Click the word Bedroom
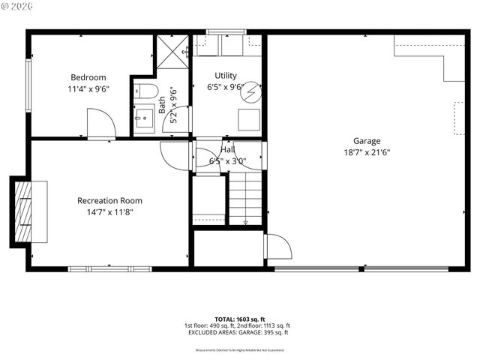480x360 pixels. click(x=88, y=77)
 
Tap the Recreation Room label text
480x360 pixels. click(x=109, y=200)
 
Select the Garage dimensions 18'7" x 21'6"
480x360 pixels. click(x=367, y=151)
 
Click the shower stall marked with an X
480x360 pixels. click(x=172, y=52)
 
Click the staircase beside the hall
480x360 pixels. click(x=245, y=197)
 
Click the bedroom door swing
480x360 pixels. click(x=100, y=124)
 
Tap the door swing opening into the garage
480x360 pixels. click(x=277, y=247)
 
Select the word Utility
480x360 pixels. click(x=226, y=76)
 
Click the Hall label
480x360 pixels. click(x=227, y=149)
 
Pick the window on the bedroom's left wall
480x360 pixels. click(x=28, y=85)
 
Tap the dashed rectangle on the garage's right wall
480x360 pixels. click(x=458, y=118)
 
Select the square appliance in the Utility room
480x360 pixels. click(x=248, y=120)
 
